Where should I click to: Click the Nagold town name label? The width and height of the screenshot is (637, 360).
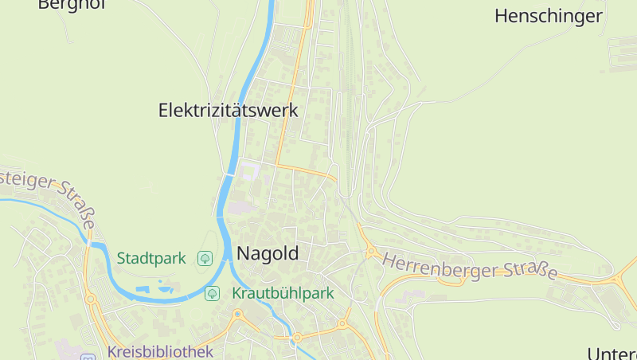(268, 254)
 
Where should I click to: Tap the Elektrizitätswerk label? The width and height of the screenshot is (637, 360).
(229, 110)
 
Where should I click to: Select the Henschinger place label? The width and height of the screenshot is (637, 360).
(549, 15)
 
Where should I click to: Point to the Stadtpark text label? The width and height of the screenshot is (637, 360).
(151, 258)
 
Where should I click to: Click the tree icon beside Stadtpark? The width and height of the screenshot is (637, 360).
(205, 257)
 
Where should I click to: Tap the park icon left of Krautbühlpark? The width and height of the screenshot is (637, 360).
(213, 293)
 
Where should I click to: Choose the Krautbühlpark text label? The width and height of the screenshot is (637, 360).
(283, 293)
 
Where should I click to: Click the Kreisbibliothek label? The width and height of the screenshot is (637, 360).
(160, 352)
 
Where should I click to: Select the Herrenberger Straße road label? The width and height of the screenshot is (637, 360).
(470, 266)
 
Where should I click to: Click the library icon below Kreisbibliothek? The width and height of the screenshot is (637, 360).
(88, 358)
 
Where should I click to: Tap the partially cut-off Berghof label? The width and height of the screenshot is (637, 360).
(72, 4)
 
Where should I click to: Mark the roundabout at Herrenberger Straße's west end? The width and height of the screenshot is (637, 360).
(371, 252)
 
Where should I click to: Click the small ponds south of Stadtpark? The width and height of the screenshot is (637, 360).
(154, 288)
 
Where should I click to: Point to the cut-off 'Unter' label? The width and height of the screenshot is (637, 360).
(612, 353)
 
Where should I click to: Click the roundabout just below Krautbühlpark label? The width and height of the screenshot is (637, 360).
(343, 323)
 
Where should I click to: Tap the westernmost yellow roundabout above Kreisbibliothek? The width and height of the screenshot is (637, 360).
(90, 299)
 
